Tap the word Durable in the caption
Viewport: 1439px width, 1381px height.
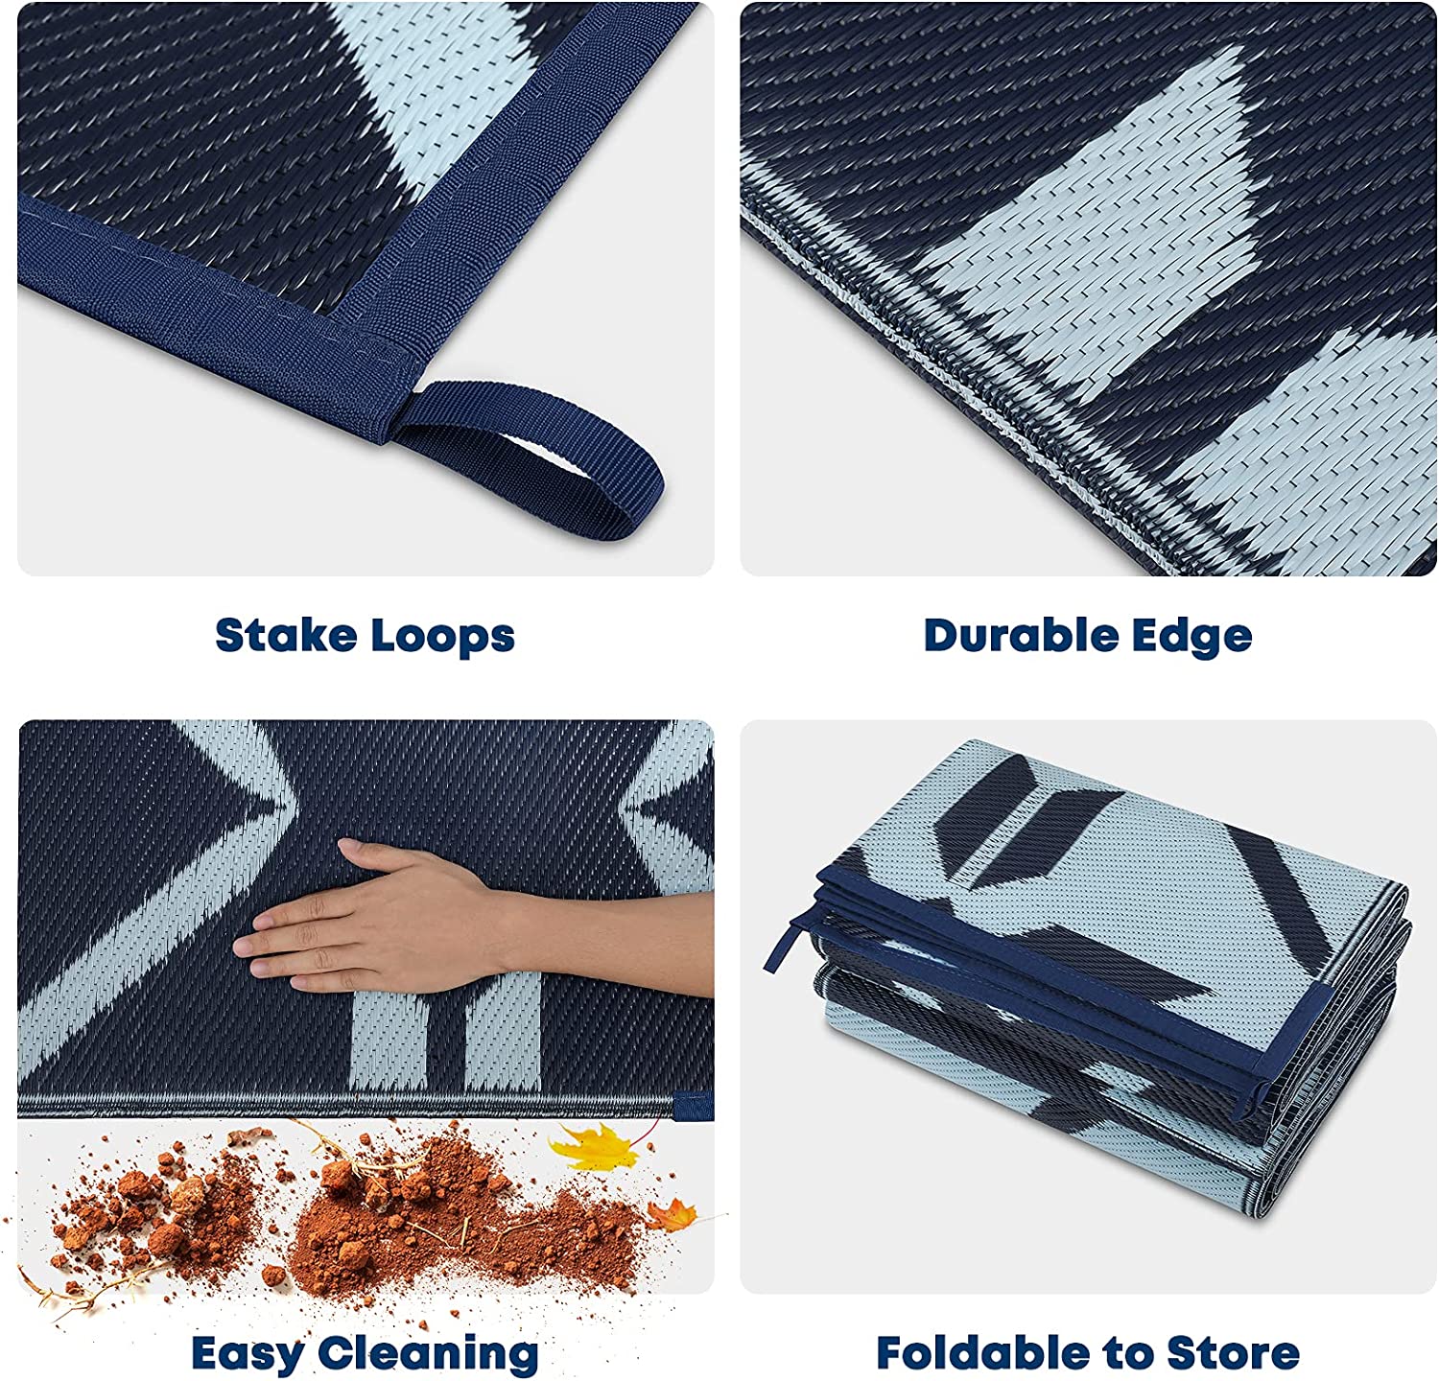(1019, 635)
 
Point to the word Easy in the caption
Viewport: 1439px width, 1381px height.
(248, 1354)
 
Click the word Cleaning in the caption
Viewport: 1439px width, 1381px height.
(428, 1354)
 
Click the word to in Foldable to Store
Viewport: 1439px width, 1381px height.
(1127, 1354)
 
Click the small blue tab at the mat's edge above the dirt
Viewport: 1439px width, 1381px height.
(693, 1105)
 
